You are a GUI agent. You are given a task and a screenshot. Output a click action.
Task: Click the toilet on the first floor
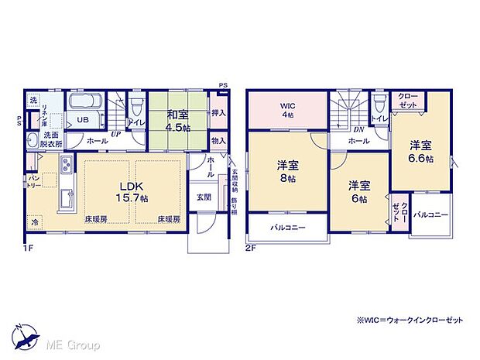[135, 106]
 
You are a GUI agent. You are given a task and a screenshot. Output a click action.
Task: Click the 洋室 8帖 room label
[288, 170]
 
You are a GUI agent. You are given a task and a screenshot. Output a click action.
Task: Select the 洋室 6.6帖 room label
[421, 150]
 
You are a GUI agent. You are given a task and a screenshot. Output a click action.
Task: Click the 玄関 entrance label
[202, 197]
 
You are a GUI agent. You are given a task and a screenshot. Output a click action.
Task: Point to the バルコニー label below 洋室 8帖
[287, 228]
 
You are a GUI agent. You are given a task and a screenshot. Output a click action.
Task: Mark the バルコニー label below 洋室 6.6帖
[430, 214]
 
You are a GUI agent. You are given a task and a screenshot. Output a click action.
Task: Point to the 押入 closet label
[218, 113]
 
